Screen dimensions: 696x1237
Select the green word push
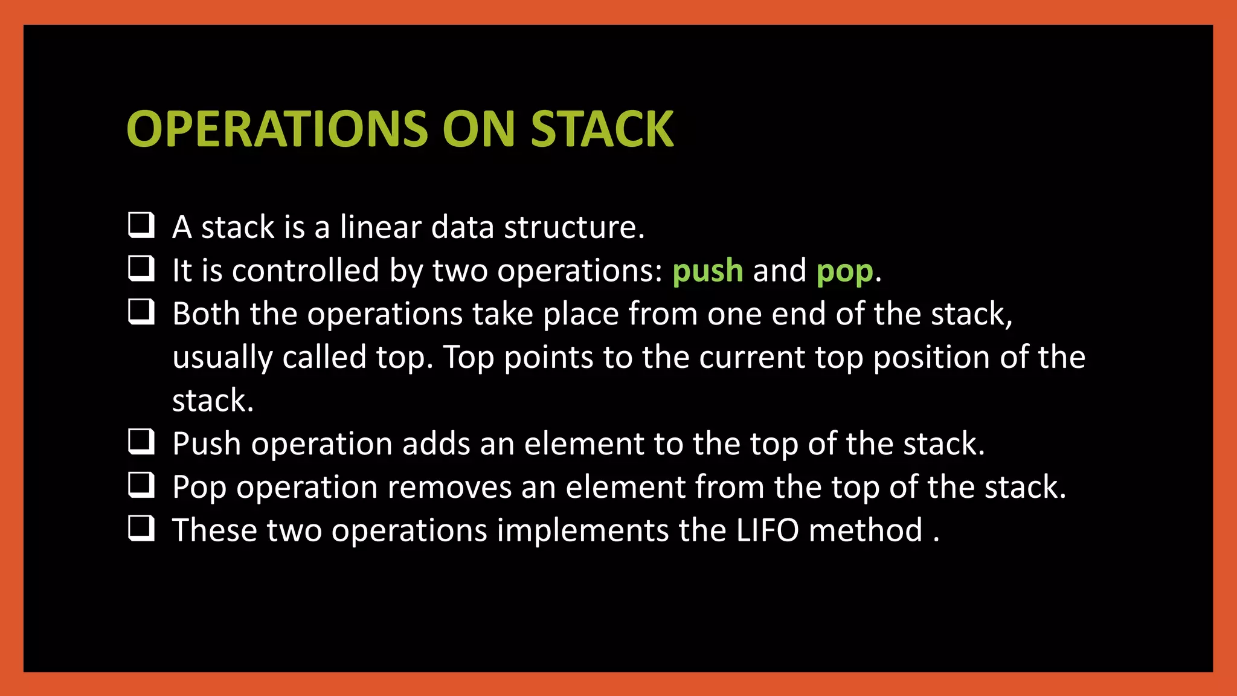(707, 271)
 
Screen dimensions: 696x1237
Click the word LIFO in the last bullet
(767, 530)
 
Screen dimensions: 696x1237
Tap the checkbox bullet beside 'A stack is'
(141, 225)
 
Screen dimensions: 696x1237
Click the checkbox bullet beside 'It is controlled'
(141, 268)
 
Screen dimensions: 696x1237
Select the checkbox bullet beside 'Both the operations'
(141, 312)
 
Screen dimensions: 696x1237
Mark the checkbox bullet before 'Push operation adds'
(141, 442)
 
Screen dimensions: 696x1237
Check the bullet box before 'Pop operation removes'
(141, 485)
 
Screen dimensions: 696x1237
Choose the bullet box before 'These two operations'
(141, 528)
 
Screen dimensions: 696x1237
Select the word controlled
(306, 271)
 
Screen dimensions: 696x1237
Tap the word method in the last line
(865, 530)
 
